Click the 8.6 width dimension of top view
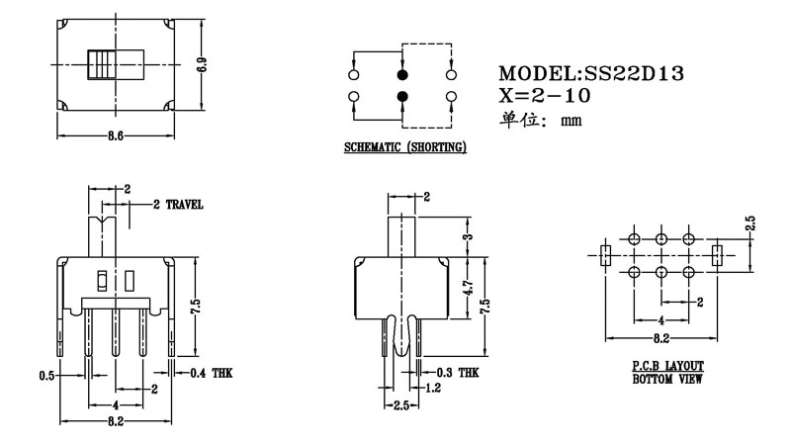[x=115, y=136]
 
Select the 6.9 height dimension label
[x=202, y=67]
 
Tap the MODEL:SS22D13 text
[x=591, y=73]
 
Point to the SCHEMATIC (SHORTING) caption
[x=404, y=147]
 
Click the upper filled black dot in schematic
[x=402, y=75]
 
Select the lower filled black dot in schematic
[x=402, y=96]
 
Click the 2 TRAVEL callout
[x=179, y=206]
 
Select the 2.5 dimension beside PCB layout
[x=750, y=224]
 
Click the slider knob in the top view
[x=101, y=65]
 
